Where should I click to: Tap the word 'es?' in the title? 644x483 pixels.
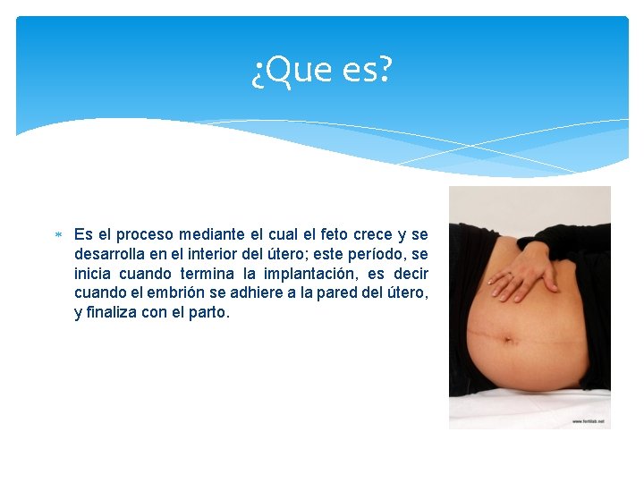[x=367, y=70]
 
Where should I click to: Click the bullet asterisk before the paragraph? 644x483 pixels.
[x=57, y=235]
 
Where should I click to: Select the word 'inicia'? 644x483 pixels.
[x=93, y=274]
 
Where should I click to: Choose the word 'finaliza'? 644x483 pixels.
[x=113, y=313]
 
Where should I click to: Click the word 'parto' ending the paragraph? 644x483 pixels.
[x=211, y=313]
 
